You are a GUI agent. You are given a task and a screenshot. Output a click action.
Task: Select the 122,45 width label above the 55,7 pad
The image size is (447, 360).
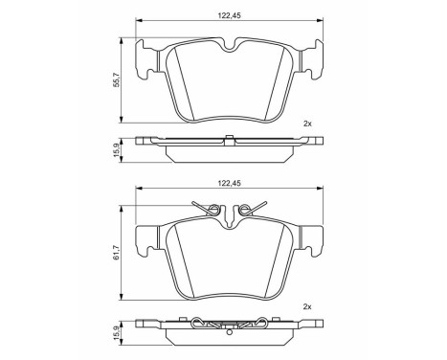pyautogui.click(x=227, y=12)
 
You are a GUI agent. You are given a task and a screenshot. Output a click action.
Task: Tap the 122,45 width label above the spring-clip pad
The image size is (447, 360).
pyautogui.click(x=227, y=178)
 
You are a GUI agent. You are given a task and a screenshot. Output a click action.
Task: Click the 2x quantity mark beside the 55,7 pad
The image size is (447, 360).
pyautogui.click(x=307, y=124)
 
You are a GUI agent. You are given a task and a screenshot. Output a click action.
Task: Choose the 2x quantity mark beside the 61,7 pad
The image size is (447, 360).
pyautogui.click(x=307, y=305)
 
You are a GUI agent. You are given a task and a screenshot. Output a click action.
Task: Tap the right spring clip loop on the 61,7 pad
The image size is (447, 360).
pyautogui.click(x=248, y=209)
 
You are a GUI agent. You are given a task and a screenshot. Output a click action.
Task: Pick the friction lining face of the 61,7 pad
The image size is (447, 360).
pyautogui.click(x=227, y=263)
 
